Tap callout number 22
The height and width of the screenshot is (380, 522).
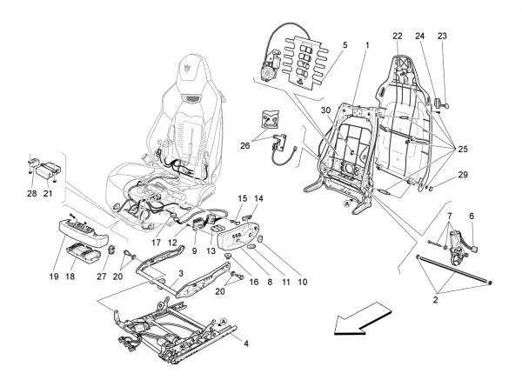[x=398, y=36]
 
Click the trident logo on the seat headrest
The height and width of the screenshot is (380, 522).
[x=191, y=63]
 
